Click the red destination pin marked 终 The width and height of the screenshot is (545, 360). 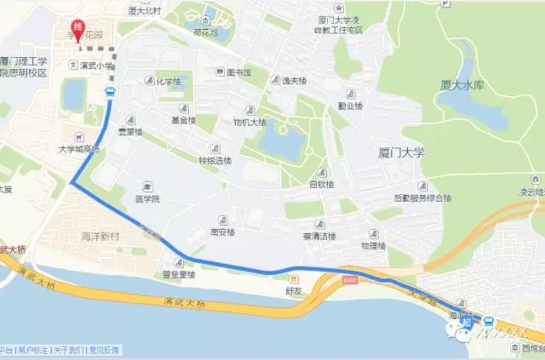click(x=79, y=28)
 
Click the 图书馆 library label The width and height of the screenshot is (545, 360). click(x=239, y=72)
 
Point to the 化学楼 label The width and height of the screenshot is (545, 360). click(x=169, y=82)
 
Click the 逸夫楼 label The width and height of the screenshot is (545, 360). click(x=292, y=78)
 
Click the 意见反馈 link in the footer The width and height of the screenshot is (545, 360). click(x=105, y=349)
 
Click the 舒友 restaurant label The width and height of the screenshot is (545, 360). click(x=295, y=290)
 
